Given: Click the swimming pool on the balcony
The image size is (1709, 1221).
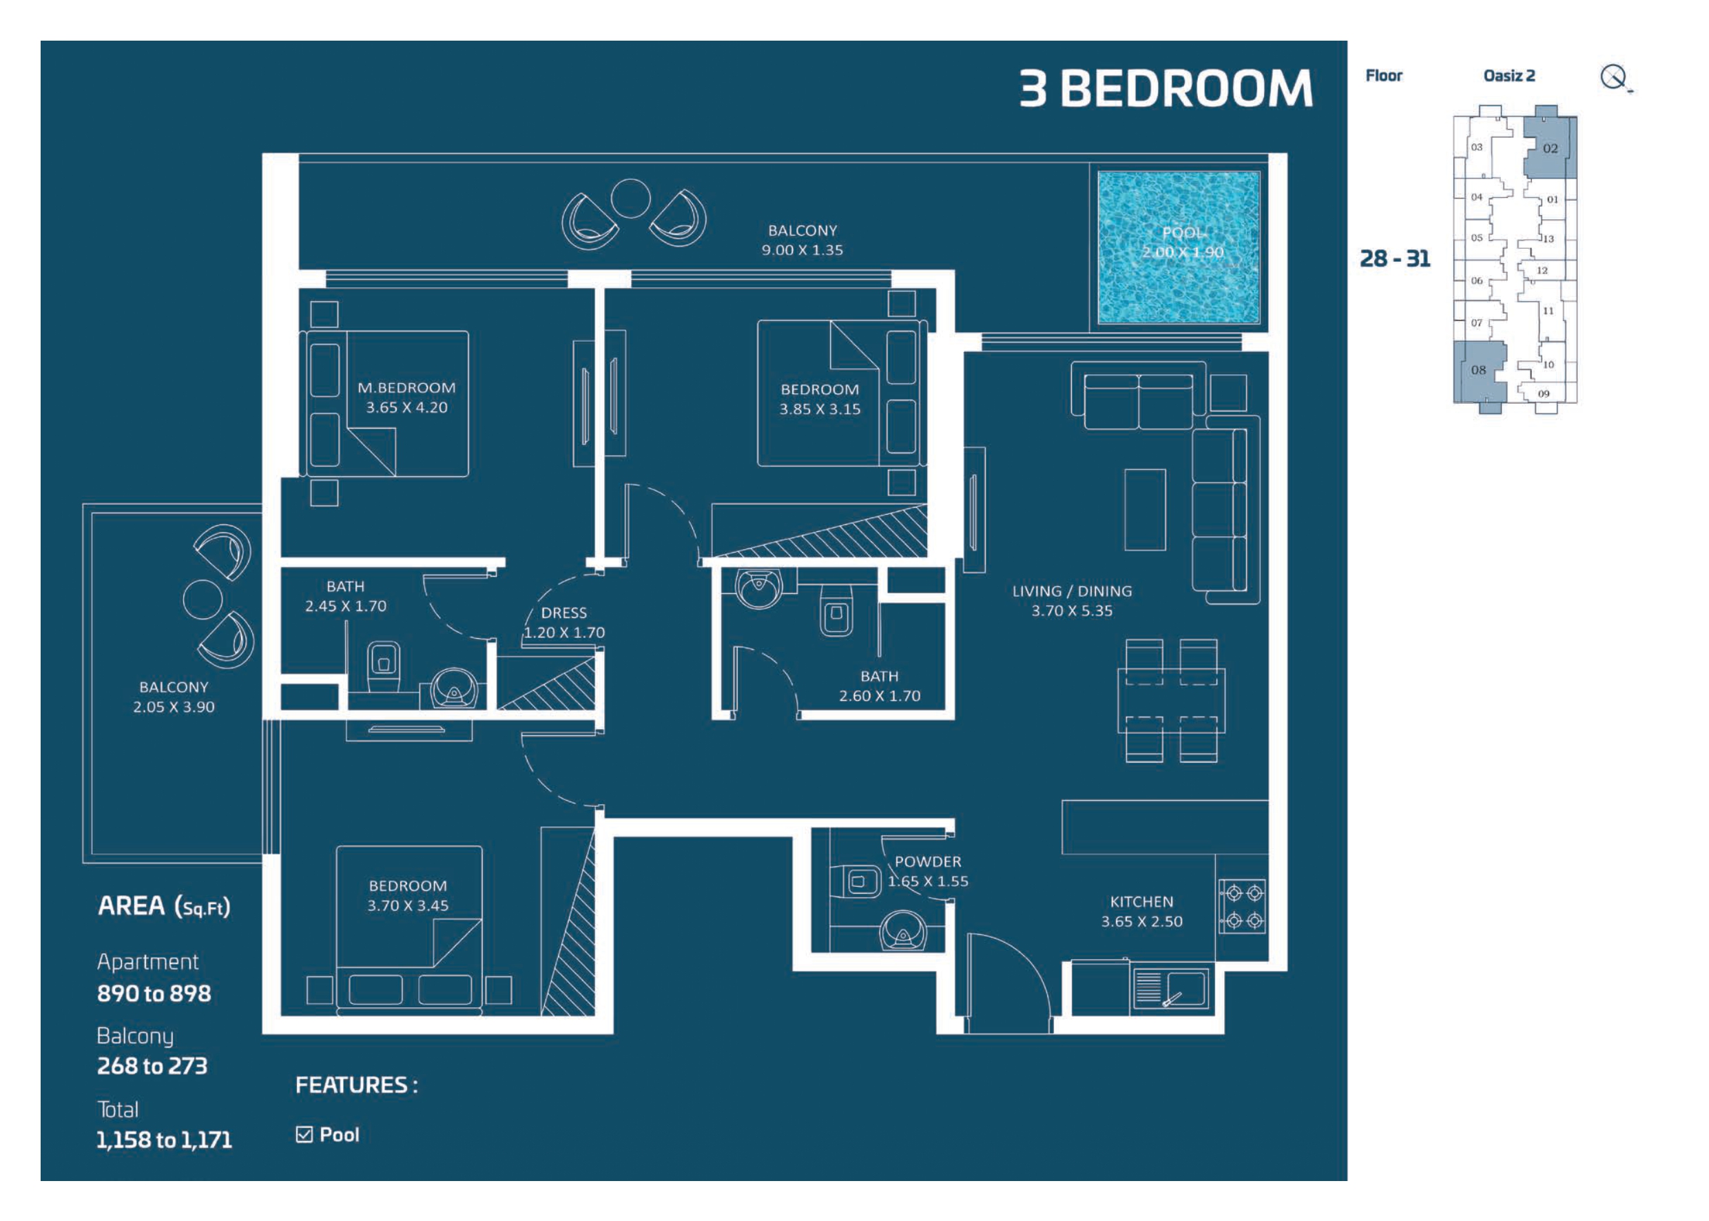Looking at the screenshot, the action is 1178,247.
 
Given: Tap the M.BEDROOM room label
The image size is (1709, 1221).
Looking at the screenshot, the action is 406,388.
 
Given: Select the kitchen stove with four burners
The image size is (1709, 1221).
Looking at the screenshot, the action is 1241,906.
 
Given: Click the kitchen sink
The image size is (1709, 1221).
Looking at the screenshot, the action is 1169,987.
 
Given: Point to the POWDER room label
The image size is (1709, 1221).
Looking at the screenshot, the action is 927,861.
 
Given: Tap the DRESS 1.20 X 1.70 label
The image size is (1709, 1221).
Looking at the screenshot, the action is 563,622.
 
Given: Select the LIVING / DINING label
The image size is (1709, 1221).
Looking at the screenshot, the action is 1072,591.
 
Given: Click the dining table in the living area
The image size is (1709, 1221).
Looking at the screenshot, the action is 1171,700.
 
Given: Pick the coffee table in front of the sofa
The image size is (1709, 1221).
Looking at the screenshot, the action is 1145,510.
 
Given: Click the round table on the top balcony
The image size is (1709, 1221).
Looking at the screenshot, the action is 630,198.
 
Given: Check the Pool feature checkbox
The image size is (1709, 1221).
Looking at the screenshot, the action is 304,1135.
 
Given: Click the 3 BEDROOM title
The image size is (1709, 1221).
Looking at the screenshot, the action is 1166,89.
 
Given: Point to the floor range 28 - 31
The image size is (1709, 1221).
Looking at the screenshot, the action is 1394,258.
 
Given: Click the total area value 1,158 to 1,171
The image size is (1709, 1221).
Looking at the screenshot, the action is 164,1140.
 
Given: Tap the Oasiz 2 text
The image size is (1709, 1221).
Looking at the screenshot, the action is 1509,76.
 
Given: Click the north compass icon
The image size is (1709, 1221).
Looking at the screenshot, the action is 1615,77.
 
